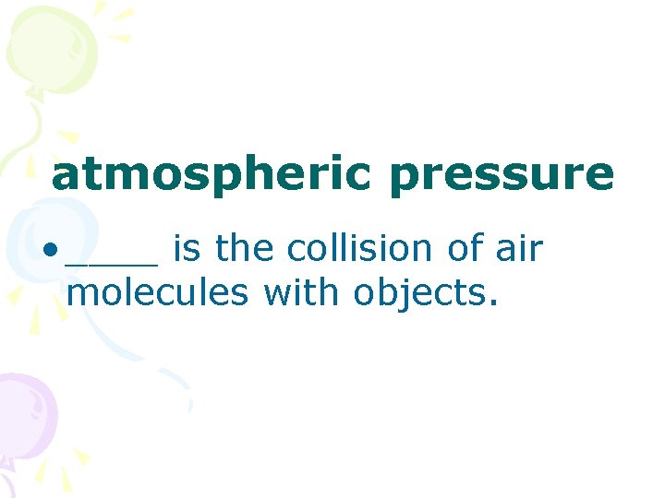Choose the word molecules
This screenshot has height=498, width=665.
coord(158,293)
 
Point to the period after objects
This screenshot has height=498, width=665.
coord(494,304)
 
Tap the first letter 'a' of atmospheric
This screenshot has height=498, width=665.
coord(65,177)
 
